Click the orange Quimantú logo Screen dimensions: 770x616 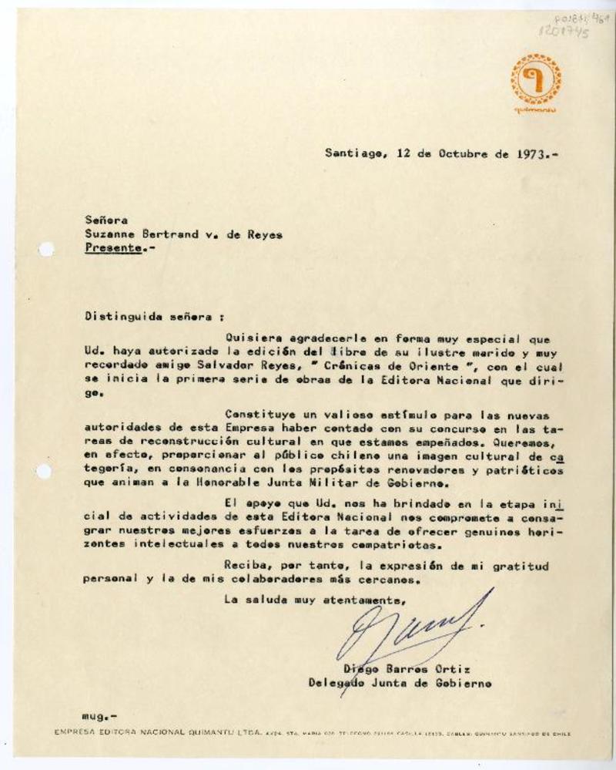535,80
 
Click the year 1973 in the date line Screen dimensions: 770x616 534,153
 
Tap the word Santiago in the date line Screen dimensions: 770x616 351,153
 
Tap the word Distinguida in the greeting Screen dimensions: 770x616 118,317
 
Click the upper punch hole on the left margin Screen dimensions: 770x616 45,249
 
